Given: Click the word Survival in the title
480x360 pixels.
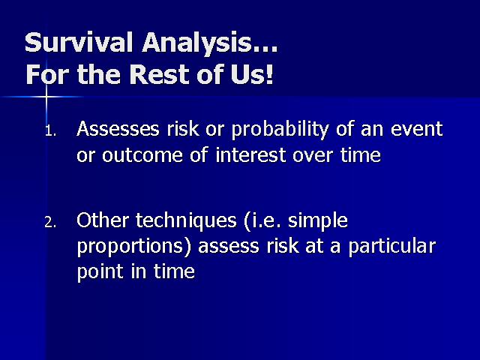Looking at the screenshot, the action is pos(79,42).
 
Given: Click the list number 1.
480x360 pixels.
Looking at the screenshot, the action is pos(50,131).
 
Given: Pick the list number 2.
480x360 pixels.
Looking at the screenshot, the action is pos(50,223).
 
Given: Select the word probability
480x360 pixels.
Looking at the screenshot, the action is pos(280,130).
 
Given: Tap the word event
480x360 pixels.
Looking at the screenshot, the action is pos(416,129).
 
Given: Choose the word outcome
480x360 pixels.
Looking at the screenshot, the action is pos(142,155).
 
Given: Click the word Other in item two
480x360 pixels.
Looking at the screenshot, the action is pos(103,220).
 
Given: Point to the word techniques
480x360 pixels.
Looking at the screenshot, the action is pos(186,221).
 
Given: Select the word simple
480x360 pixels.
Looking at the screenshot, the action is pos(318,221).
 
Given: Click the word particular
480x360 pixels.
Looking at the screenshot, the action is pos(392,247).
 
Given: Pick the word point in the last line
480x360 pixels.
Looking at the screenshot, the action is pos(100,272).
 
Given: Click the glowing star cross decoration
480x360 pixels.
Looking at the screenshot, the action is pos(46,97).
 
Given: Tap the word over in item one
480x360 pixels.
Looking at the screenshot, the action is pos(312,155).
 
